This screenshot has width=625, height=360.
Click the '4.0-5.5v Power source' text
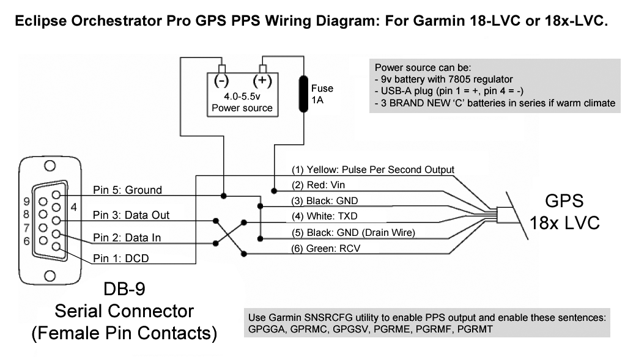(242, 103)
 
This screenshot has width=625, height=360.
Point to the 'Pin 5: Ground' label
(127, 190)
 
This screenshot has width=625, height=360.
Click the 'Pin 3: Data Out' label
(131, 215)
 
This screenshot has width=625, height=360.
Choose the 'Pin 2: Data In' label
(127, 237)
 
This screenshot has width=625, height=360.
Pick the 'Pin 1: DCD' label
(120, 259)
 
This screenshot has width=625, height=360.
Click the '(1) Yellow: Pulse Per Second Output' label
(372, 169)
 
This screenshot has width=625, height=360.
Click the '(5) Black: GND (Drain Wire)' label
(353, 232)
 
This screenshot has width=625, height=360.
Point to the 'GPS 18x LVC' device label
(564, 211)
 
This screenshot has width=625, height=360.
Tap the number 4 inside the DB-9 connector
(73, 207)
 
